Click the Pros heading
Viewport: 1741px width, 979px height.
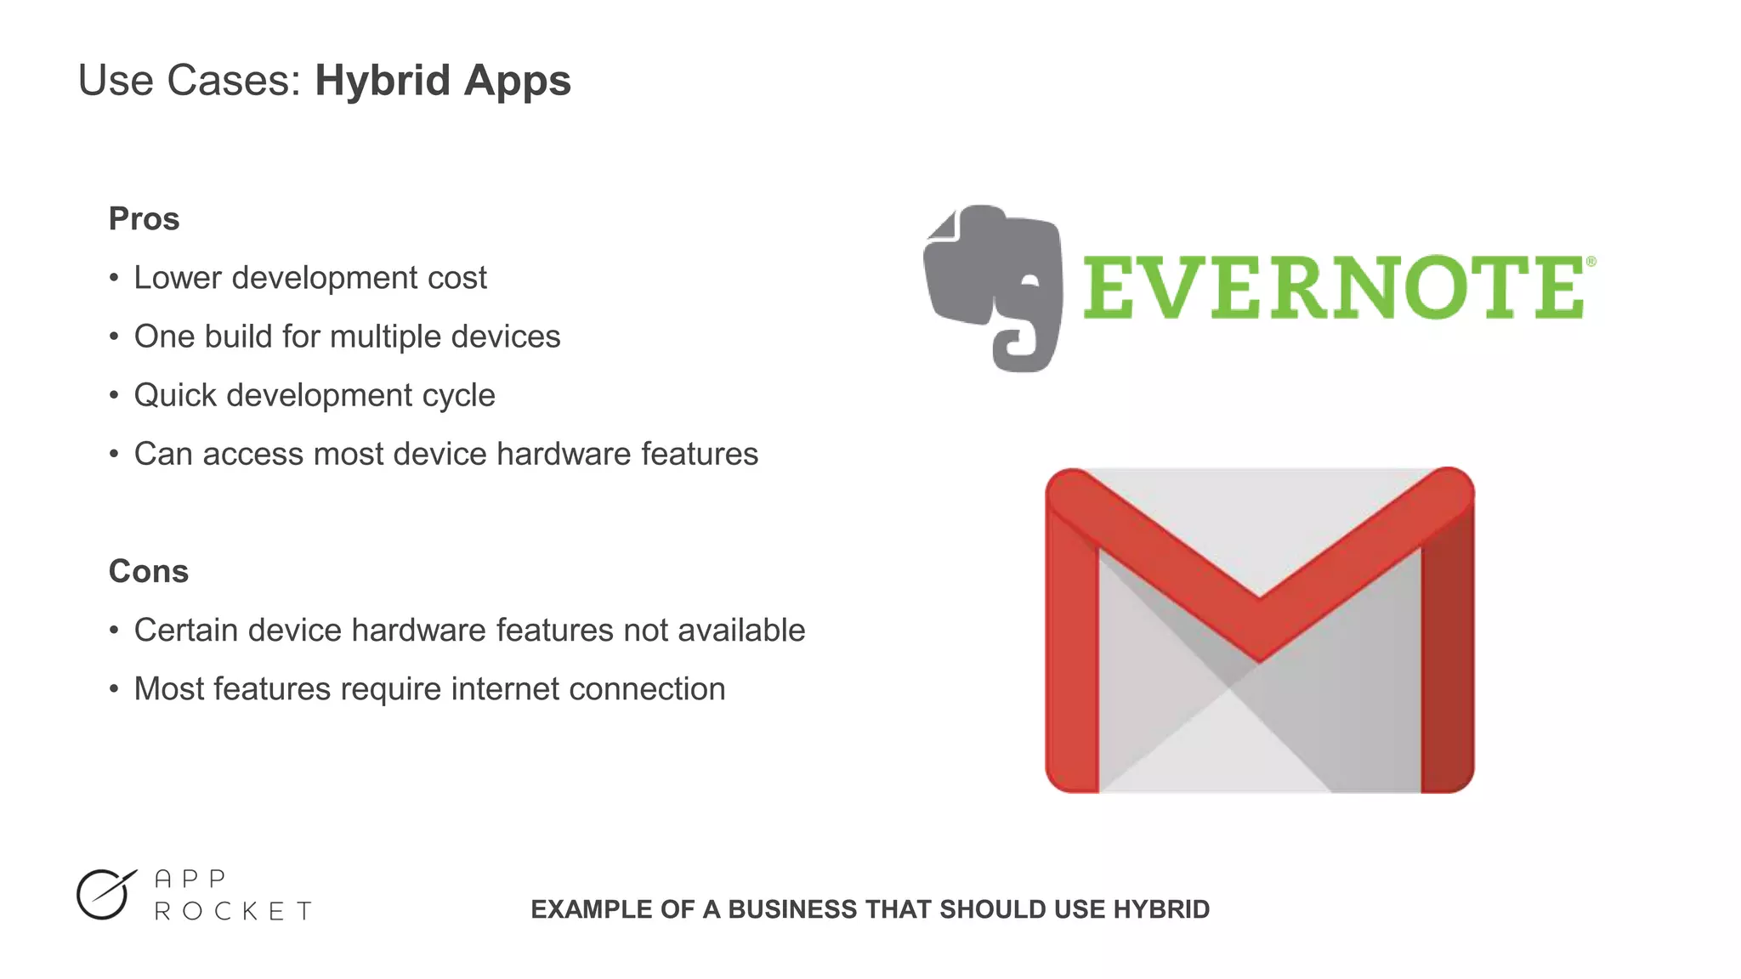[144, 219]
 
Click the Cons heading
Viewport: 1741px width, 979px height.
[148, 571]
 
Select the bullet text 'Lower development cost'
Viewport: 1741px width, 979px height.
[310, 278]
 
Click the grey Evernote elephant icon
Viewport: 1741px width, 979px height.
[993, 285]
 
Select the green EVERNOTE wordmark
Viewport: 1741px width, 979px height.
[1333, 288]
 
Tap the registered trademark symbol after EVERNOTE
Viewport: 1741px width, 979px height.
[1591, 262]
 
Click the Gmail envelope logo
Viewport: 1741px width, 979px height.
[1259, 630]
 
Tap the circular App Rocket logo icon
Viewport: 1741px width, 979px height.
[105, 895]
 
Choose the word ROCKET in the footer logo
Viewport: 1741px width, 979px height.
[234, 912]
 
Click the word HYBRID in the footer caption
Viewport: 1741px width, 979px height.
[1161, 909]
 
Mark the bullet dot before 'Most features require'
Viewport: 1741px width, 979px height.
[114, 689]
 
